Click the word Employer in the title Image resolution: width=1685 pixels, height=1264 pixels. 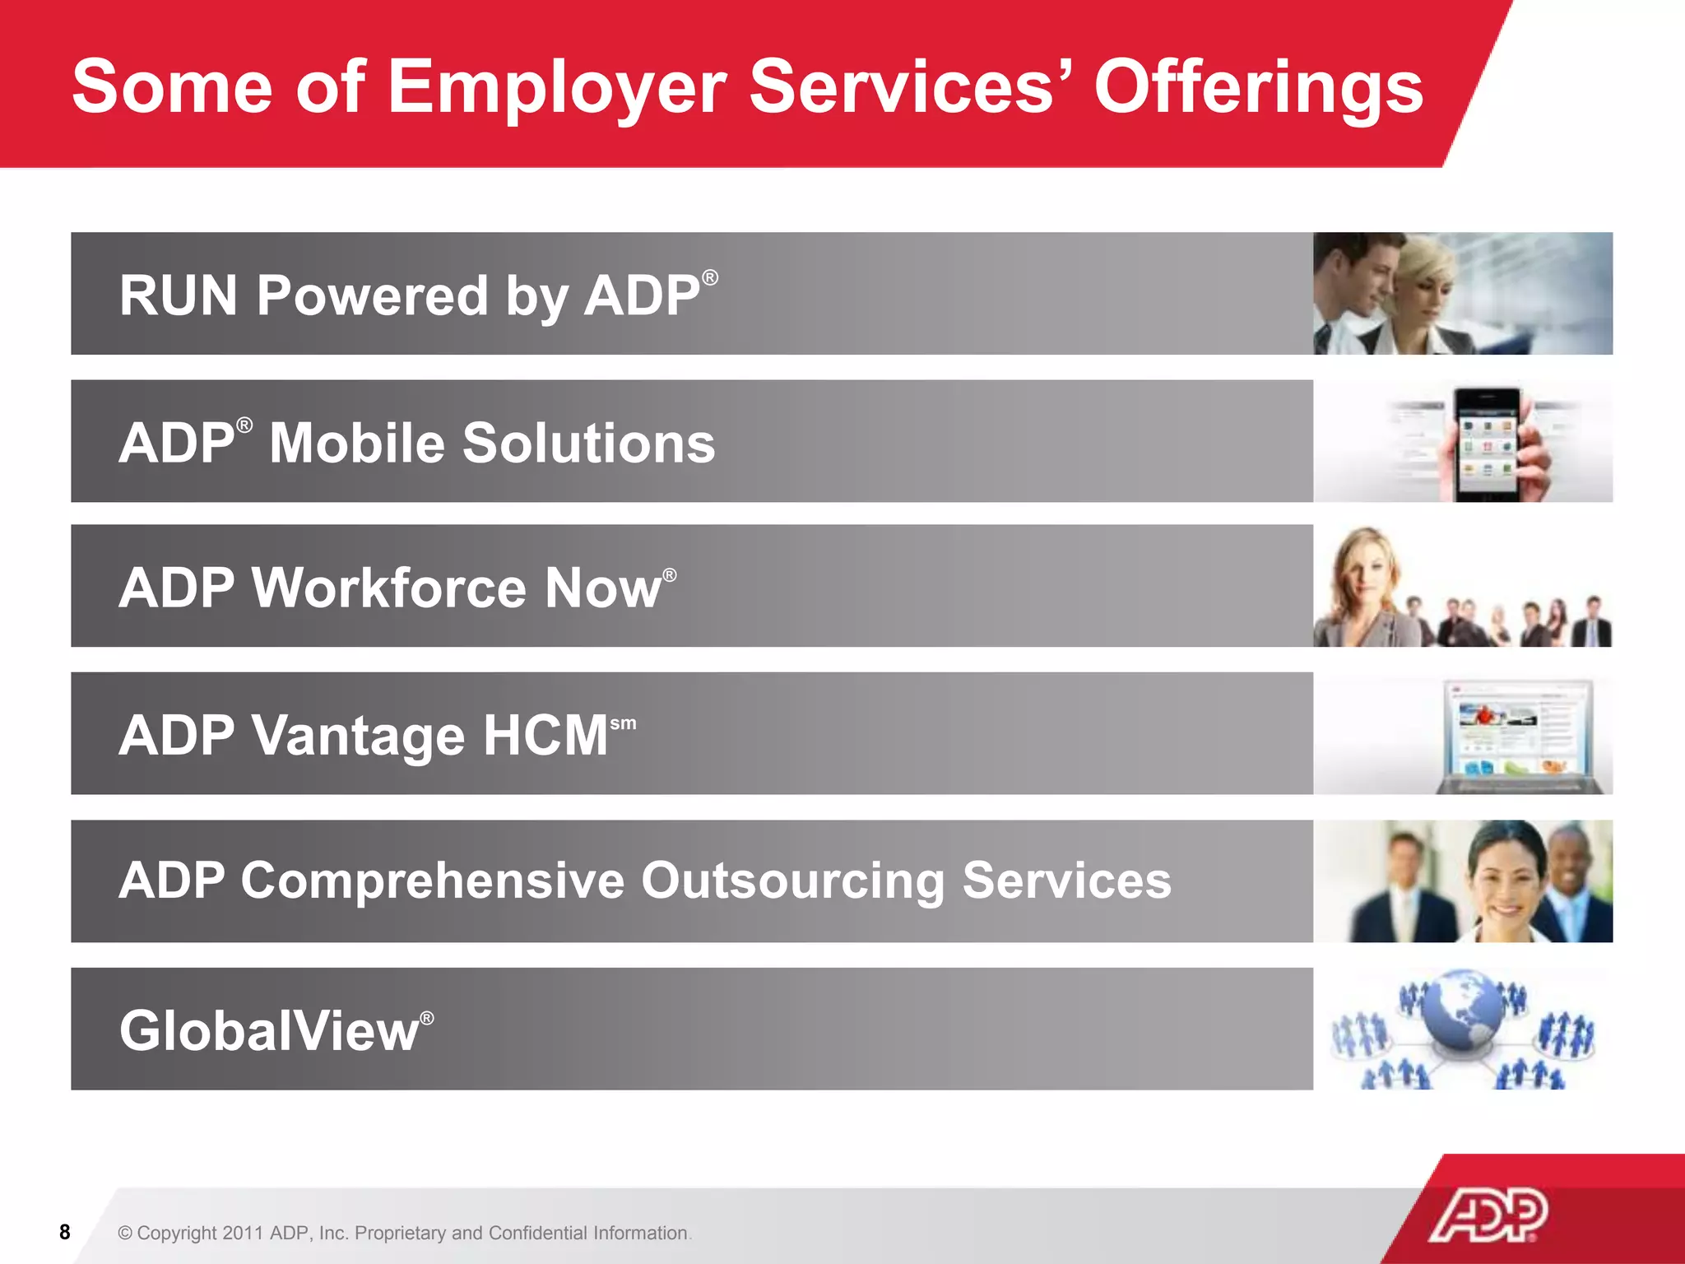(x=557, y=89)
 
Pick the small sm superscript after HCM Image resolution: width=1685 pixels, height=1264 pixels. (x=623, y=723)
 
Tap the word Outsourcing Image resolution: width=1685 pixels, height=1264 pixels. (x=792, y=881)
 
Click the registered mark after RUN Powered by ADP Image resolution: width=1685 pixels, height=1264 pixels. (x=710, y=278)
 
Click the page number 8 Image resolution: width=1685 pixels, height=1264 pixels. (x=65, y=1232)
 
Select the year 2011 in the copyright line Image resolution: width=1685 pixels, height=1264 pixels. (x=243, y=1233)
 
